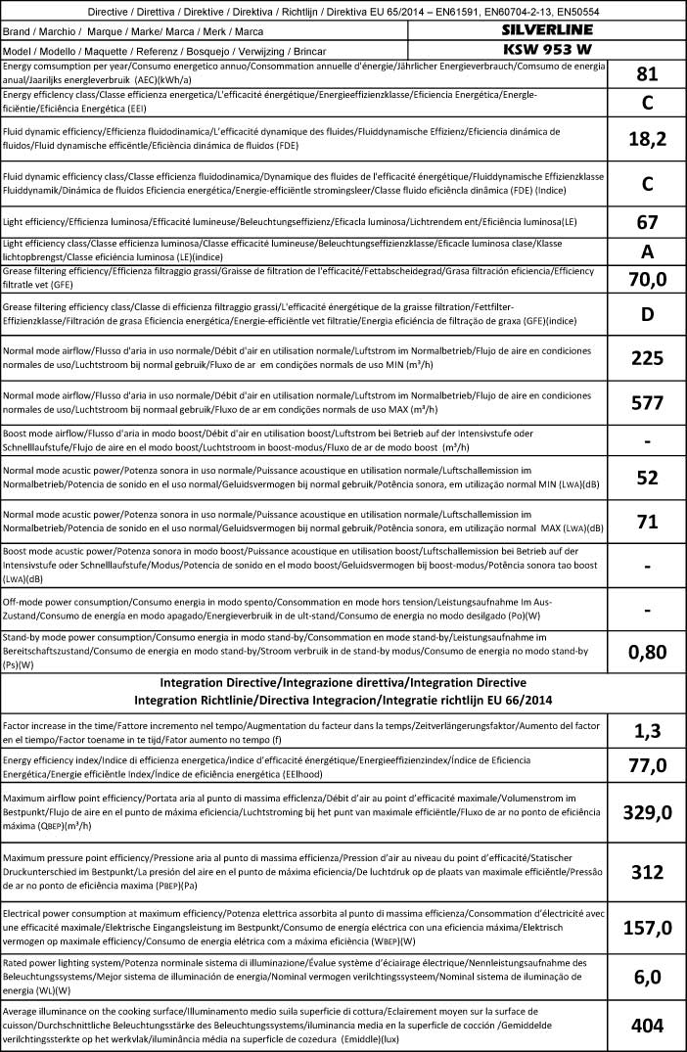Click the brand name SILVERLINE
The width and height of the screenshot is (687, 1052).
546,30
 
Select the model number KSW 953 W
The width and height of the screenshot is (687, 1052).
546,49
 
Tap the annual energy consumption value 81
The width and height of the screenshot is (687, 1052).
646,74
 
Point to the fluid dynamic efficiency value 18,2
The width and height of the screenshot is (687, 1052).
646,139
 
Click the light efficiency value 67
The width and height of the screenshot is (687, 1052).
646,221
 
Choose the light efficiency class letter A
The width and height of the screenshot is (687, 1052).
646,251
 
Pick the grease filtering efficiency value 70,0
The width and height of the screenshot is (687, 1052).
646,280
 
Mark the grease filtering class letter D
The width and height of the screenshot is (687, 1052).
646,316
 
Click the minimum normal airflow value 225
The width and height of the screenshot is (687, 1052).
646,359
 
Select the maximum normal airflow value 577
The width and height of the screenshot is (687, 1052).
646,402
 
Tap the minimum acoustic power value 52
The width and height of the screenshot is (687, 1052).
646,479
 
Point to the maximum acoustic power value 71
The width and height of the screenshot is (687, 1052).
646,522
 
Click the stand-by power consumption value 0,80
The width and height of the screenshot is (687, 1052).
646,651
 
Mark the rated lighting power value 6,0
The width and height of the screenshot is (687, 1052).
646,976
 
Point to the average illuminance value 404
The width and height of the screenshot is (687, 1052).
646,1025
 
